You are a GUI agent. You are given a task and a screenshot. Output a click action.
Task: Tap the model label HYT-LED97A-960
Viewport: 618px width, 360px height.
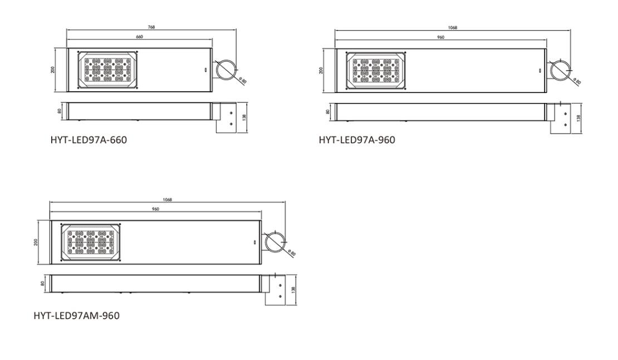coord(357,140)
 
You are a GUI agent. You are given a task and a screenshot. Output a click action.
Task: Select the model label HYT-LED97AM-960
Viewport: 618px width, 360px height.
coord(76,315)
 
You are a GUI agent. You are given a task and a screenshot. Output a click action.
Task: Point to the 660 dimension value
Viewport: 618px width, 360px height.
coord(139,37)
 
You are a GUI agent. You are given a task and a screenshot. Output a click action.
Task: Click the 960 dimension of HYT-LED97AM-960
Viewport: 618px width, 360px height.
coord(155,209)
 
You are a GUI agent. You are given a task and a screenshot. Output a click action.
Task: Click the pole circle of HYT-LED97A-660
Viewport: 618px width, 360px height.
coord(226,69)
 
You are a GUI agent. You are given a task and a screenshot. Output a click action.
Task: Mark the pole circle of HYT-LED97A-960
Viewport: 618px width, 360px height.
coord(560,70)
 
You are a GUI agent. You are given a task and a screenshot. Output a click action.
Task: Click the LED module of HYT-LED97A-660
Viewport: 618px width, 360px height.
coord(109,70)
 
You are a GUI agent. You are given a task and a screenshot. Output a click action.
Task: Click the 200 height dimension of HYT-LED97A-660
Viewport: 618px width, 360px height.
coord(52,70)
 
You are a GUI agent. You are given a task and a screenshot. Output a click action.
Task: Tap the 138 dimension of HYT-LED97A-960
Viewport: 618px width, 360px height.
coord(580,118)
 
